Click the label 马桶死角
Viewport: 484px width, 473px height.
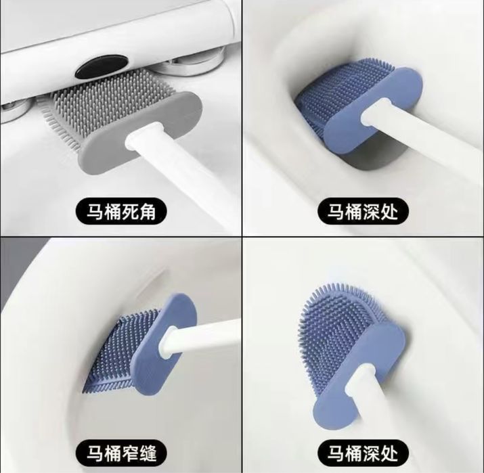pos(121,212)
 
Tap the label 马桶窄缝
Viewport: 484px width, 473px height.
pos(121,453)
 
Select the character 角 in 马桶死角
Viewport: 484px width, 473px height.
pos(147,212)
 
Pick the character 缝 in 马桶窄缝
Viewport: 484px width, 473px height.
pos(147,453)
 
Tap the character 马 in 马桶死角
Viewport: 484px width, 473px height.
pos(95,212)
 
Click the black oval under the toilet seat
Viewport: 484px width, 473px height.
pos(102,66)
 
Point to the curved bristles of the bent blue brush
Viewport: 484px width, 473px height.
pos(336,333)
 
